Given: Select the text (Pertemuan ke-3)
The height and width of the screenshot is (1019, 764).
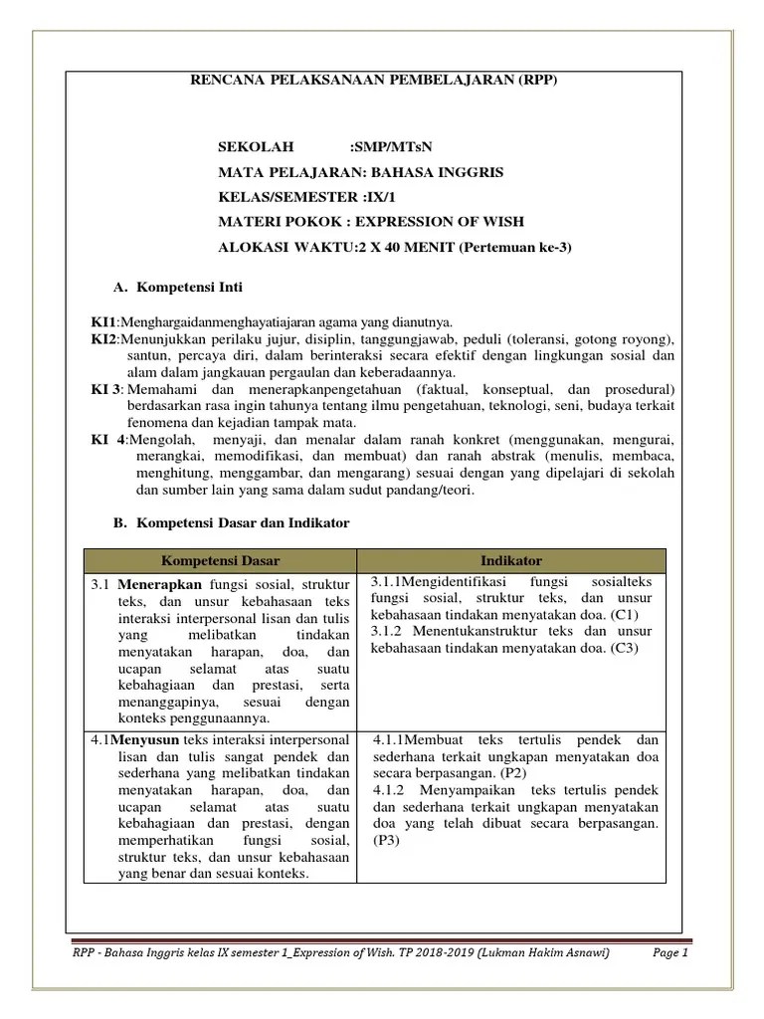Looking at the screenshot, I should coord(514,247).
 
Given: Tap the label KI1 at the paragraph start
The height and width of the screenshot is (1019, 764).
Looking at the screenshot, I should coord(103,322).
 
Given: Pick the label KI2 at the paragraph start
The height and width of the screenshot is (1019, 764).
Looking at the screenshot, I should coord(103,338).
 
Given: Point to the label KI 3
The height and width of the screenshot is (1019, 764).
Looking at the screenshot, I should coord(105,388).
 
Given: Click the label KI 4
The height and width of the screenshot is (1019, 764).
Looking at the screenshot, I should coord(107,439).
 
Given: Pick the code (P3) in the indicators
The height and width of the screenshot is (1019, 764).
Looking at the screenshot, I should coord(384,841).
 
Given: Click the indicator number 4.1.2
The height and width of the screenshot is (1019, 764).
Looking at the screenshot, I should coord(392,790).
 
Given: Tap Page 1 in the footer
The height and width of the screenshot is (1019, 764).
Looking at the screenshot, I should coord(670,952).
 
